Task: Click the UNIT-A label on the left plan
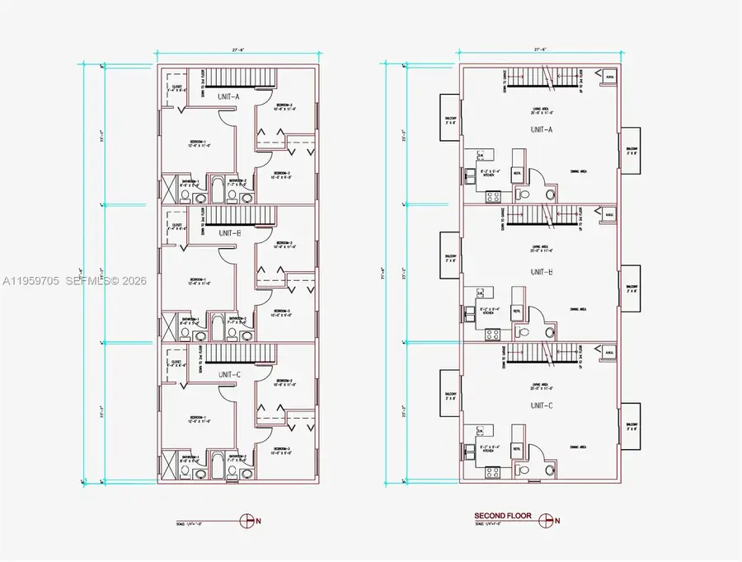click(x=228, y=97)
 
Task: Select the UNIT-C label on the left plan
click(x=228, y=374)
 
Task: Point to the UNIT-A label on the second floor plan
click(x=542, y=129)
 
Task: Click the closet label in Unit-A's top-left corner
click(x=176, y=87)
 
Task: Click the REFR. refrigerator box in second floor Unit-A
click(x=517, y=174)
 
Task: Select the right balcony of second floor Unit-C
click(x=631, y=426)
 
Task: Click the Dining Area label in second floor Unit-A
click(x=580, y=171)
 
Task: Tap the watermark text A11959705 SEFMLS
click(x=73, y=281)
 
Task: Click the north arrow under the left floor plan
click(x=248, y=519)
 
